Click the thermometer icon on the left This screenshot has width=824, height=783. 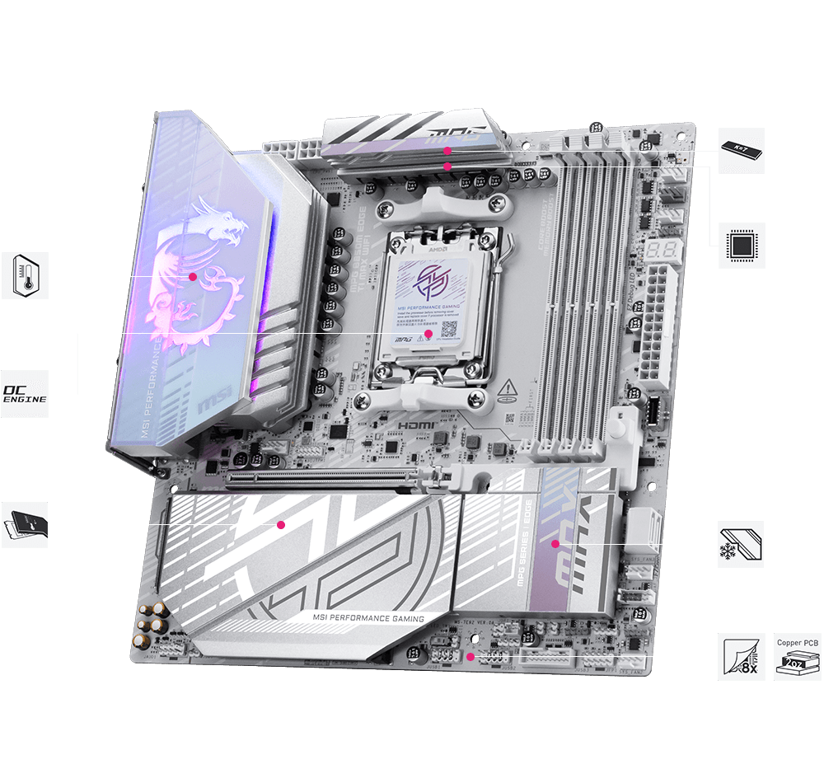[25, 276]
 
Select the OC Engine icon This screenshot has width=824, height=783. [25, 393]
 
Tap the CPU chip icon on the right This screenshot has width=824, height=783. [742, 246]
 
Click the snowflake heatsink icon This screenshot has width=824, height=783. [740, 544]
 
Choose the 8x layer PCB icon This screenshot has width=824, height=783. [742, 657]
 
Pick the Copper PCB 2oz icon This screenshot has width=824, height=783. [798, 657]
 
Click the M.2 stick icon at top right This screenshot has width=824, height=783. [742, 150]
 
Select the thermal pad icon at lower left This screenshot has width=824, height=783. [25, 524]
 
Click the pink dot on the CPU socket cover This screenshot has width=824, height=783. [428, 335]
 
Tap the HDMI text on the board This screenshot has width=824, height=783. [416, 424]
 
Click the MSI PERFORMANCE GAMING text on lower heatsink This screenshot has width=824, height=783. [368, 618]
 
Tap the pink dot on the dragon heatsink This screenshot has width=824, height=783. [193, 277]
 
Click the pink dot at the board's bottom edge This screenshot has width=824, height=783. [470, 657]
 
